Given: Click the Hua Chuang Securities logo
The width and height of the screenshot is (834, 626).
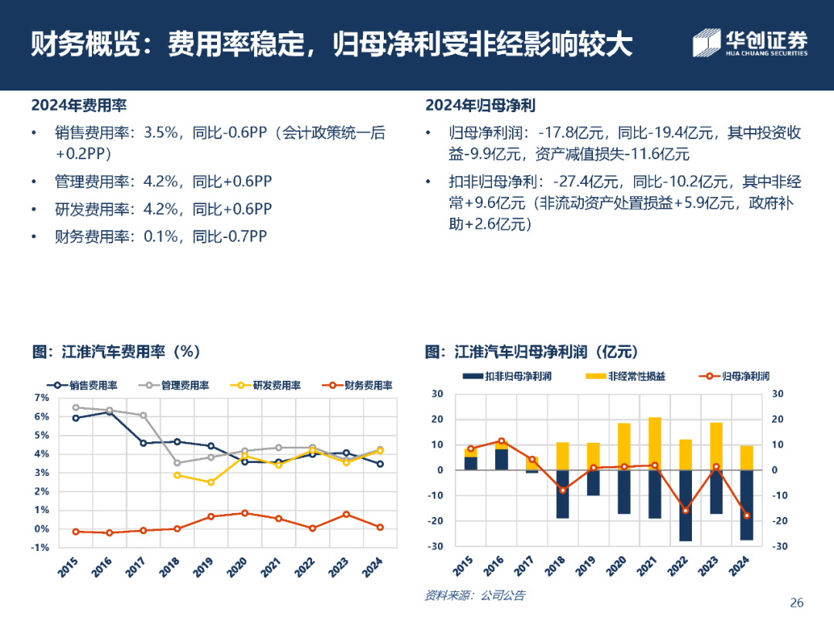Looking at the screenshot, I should [749, 43].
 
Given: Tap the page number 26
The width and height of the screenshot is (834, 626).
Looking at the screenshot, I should [797, 602].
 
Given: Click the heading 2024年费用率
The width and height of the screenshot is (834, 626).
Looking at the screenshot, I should [79, 105].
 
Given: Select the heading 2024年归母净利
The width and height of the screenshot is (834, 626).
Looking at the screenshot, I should [480, 105].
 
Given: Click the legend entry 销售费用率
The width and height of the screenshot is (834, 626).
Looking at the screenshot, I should [83, 385].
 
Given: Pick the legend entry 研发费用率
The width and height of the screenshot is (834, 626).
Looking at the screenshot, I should [266, 385].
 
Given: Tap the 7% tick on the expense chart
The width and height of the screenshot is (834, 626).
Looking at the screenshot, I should [42, 397].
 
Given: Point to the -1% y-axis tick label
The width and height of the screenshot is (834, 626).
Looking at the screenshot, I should [40, 547].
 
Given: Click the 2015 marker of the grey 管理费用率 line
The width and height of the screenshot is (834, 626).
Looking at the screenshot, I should [76, 407].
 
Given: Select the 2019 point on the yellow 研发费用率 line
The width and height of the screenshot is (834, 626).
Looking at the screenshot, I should [211, 482].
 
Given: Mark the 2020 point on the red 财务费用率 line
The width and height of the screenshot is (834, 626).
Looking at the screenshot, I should [245, 513].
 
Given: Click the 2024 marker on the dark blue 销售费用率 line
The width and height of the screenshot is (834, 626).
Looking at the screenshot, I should [380, 464].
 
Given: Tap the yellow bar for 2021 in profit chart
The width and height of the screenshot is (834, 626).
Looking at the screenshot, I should [655, 444].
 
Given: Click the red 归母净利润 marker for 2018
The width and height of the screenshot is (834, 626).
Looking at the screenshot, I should [563, 490].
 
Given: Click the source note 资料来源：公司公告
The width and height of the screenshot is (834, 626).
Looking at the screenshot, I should [474, 595].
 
